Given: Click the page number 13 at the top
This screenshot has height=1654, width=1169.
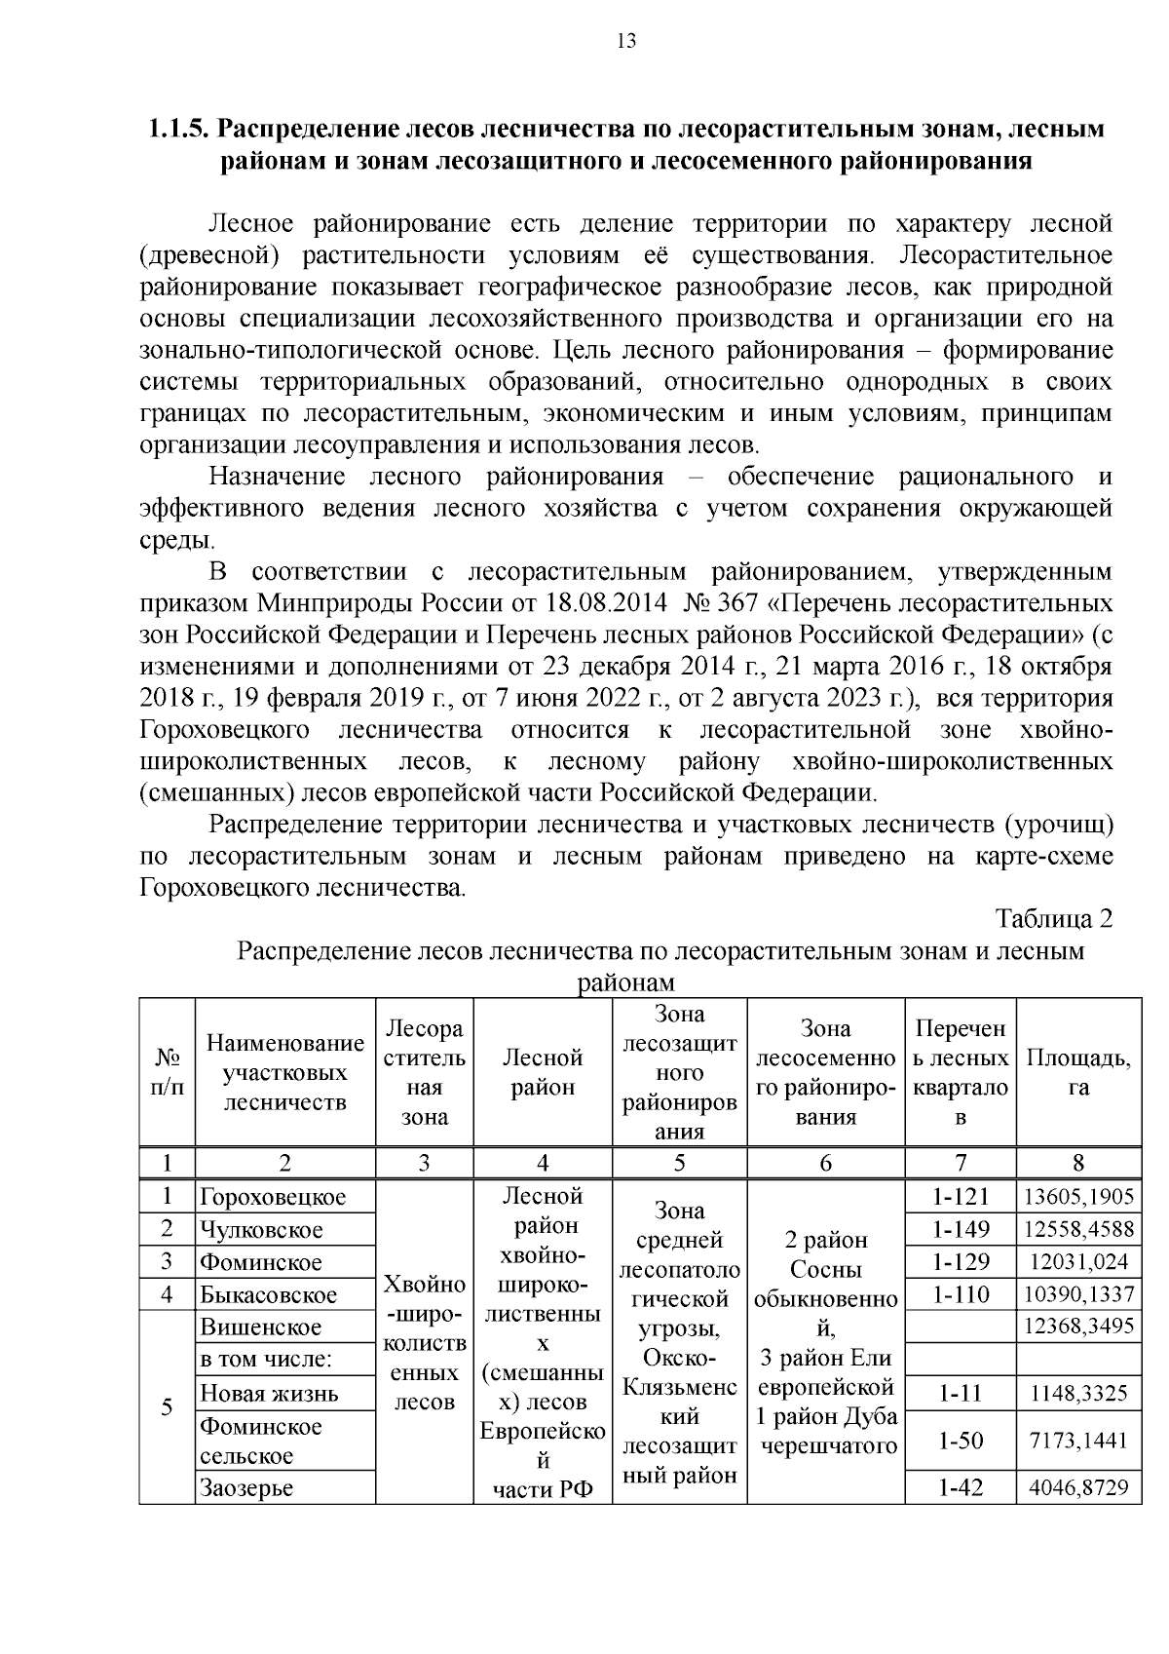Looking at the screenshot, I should [x=625, y=41].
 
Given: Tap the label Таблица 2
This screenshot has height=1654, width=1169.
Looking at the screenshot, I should [x=1054, y=919].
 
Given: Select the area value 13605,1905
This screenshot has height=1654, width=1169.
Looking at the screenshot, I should [x=1078, y=1197].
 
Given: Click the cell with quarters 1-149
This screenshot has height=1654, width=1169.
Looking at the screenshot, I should [x=961, y=1230].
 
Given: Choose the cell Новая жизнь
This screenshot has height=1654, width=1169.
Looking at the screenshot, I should [x=269, y=1394].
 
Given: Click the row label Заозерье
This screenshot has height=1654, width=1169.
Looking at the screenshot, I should [x=246, y=1488].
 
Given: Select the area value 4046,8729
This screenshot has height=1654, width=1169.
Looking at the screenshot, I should [x=1078, y=1488].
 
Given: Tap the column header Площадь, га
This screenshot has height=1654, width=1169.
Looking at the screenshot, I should [x=1078, y=1073].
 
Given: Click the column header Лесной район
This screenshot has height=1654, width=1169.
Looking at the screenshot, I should [x=543, y=1072].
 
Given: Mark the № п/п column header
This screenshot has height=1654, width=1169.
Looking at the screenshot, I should [x=167, y=1072].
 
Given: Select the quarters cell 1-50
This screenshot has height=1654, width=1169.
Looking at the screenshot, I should [x=961, y=1441].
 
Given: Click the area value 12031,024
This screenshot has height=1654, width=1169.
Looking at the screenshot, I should [x=1078, y=1263].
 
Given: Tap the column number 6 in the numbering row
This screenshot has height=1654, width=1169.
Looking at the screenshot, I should [x=825, y=1163].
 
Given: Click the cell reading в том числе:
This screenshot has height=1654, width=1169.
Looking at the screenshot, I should [x=266, y=1360].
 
